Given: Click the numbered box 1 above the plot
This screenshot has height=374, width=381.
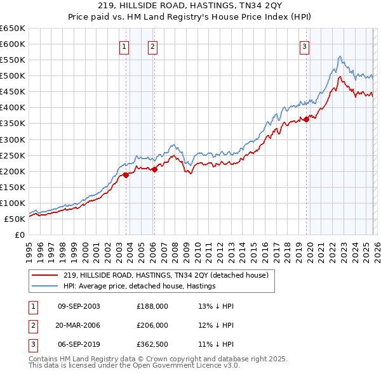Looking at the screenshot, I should click(x=124, y=46).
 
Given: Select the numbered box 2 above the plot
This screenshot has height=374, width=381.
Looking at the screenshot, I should click(x=153, y=46).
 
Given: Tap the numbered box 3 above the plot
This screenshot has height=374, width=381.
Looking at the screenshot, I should click(x=305, y=46).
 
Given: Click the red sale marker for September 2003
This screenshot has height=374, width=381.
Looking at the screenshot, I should click(x=126, y=175).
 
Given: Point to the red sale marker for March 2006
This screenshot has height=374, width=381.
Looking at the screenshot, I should click(x=154, y=169).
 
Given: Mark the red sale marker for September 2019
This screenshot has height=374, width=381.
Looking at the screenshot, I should click(x=306, y=119).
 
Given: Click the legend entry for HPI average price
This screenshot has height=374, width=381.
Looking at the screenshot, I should click(x=139, y=286).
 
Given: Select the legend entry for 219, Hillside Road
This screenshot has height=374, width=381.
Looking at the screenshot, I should click(x=166, y=275).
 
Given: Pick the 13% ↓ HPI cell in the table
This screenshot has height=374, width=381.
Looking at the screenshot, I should click(x=217, y=306).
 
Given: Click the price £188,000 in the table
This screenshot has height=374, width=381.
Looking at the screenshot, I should click(x=152, y=306).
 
